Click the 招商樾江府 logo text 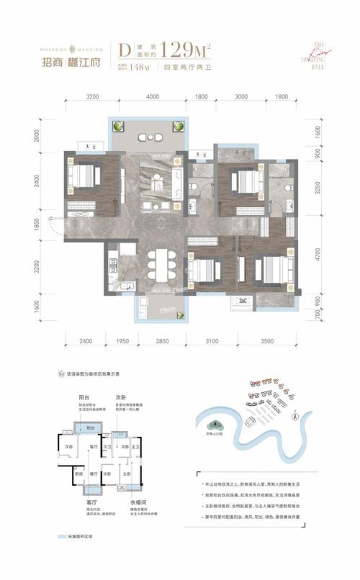pyautogui.click(x=62, y=60)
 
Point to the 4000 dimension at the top pyautogui.click(x=152, y=96)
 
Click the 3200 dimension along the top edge pyautogui.click(x=91, y=96)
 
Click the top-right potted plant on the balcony pyautogui.click(x=176, y=126)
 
